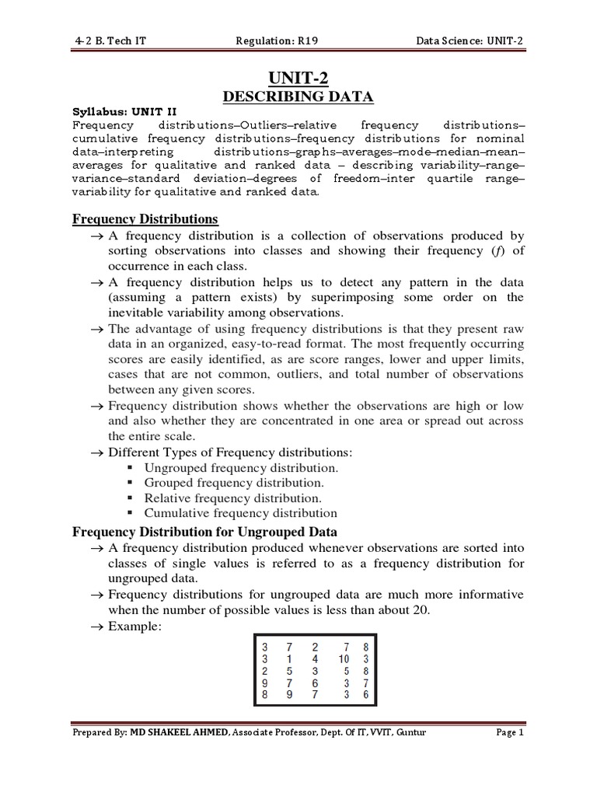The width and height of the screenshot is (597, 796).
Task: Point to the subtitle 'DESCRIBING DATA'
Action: tap(298, 96)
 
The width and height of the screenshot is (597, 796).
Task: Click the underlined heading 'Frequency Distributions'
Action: tap(145, 219)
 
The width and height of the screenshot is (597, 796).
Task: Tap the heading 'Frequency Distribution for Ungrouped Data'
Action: tap(204, 532)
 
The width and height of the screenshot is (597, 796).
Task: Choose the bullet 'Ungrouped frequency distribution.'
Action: tap(242, 468)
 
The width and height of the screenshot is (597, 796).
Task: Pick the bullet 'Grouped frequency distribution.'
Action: tap(234, 483)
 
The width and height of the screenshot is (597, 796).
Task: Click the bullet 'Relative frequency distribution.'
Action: tap(233, 498)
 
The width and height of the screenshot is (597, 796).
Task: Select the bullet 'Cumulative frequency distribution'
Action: tap(241, 513)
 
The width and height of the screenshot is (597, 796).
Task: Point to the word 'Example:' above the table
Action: tap(134, 626)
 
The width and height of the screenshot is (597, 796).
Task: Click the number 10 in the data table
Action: tap(343, 658)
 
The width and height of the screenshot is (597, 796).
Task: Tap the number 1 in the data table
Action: tap(289, 658)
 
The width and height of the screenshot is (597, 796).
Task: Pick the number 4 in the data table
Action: tap(314, 658)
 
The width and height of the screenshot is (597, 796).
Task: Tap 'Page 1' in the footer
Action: tap(511, 733)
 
